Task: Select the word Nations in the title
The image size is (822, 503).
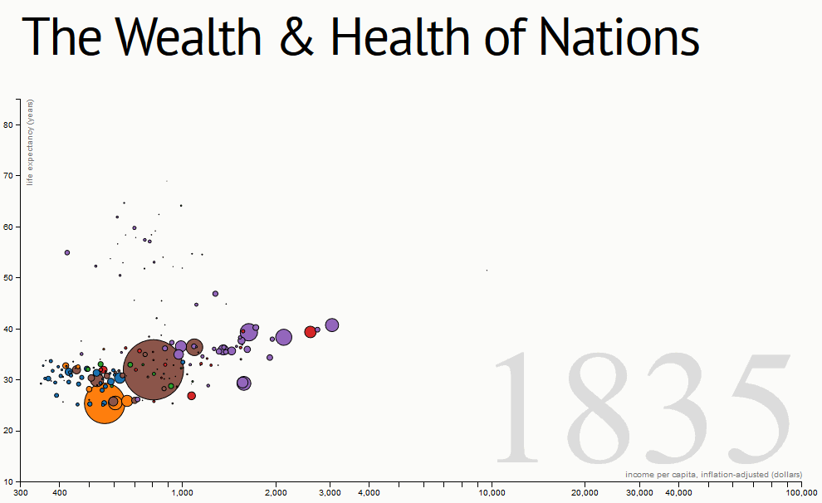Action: click(x=618, y=37)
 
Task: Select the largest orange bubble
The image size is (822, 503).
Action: click(x=105, y=404)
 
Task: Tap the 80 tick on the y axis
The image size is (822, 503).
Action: click(x=8, y=125)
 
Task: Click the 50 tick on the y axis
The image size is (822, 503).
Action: click(x=8, y=277)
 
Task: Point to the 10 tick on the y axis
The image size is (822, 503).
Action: click(x=8, y=481)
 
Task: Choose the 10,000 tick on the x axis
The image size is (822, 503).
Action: click(x=492, y=493)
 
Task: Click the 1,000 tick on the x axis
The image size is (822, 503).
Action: click(x=182, y=493)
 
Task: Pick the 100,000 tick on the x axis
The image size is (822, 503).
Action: click(x=802, y=493)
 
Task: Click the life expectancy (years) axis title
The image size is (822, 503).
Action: click(x=30, y=142)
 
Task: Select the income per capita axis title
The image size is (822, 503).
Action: click(x=713, y=474)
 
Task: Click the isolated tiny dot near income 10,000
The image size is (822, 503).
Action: click(x=487, y=270)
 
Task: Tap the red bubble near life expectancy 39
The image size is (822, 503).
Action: click(x=311, y=332)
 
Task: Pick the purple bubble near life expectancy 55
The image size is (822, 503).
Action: click(x=67, y=252)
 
